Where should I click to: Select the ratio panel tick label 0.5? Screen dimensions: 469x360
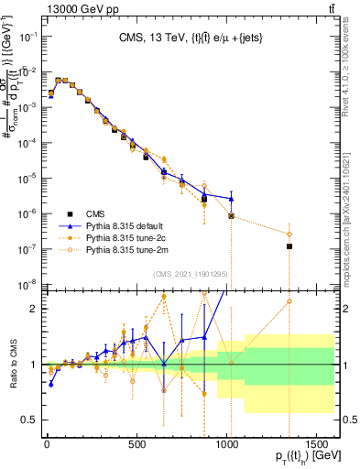pyautogui.click(x=30, y=420)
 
